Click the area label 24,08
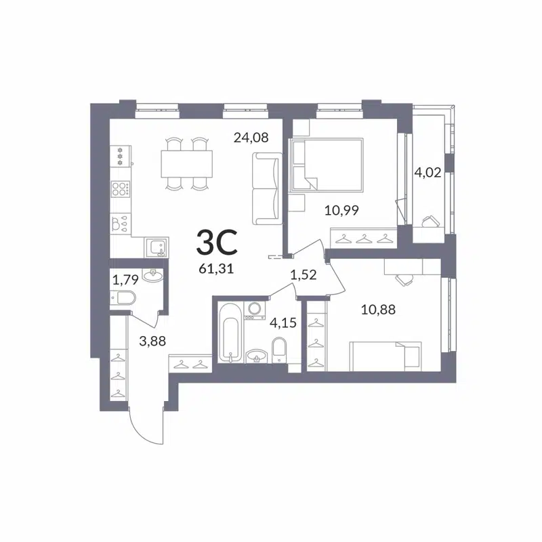tap(251, 138)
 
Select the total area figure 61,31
tap(216, 267)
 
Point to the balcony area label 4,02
tap(428, 172)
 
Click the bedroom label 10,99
tap(342, 210)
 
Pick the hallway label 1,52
tap(304, 274)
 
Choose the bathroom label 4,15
tap(283, 322)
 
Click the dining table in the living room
tap(186, 163)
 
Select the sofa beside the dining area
tap(266, 188)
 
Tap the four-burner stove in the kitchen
tap(121, 190)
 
